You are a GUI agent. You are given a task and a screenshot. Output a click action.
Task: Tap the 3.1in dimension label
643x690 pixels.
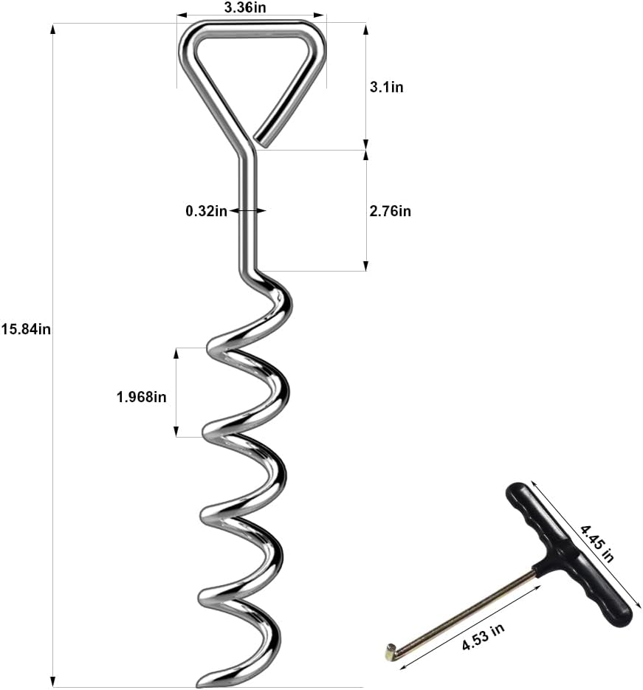[386, 87]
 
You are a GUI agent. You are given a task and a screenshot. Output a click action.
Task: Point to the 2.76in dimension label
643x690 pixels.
[390, 211]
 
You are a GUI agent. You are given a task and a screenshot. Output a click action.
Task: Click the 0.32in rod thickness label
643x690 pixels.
[206, 211]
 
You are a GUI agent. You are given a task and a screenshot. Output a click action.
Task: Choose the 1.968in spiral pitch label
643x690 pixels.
[141, 397]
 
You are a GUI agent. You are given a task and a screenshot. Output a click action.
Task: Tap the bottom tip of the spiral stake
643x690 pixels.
[203, 683]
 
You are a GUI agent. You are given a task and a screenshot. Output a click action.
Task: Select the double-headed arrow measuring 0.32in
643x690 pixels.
[247, 211]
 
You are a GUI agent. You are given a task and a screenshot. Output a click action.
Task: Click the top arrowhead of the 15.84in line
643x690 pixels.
[52, 30]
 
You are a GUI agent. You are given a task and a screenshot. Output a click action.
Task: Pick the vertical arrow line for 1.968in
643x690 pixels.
[176, 392]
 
